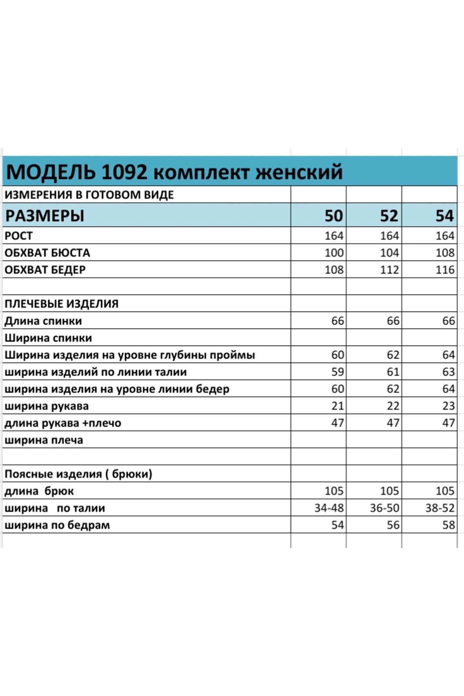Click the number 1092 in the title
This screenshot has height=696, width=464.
click(124, 172)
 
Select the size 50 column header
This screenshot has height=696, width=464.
click(333, 216)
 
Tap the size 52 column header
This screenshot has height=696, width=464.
click(389, 216)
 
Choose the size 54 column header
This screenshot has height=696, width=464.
click(444, 216)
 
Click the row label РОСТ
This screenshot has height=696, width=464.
click(19, 236)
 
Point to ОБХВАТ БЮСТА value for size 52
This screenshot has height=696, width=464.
click(389, 253)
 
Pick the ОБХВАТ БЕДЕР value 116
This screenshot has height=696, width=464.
click(445, 270)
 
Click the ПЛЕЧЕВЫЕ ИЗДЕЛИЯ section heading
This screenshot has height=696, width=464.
click(61, 304)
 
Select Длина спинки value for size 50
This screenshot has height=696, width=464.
click(337, 321)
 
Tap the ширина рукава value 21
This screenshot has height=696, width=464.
click(337, 406)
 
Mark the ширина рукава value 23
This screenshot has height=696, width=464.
click(448, 406)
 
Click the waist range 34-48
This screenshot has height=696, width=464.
click(329, 508)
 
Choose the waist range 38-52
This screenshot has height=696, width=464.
click(440, 508)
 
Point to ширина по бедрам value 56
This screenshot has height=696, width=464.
click(393, 525)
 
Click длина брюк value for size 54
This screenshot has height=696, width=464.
click(445, 491)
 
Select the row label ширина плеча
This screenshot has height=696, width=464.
click(44, 440)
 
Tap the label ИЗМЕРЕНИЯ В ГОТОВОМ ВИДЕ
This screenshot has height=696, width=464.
click(89, 195)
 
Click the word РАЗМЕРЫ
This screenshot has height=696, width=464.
click(44, 216)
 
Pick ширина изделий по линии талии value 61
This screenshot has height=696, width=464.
click(393, 372)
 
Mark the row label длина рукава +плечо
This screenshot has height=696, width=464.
click(63, 423)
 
